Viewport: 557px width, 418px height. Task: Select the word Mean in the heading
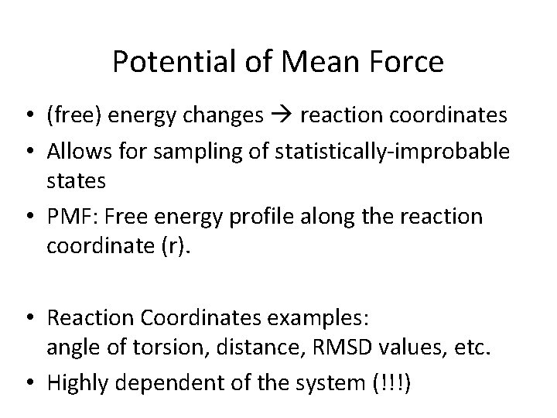click(315, 62)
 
